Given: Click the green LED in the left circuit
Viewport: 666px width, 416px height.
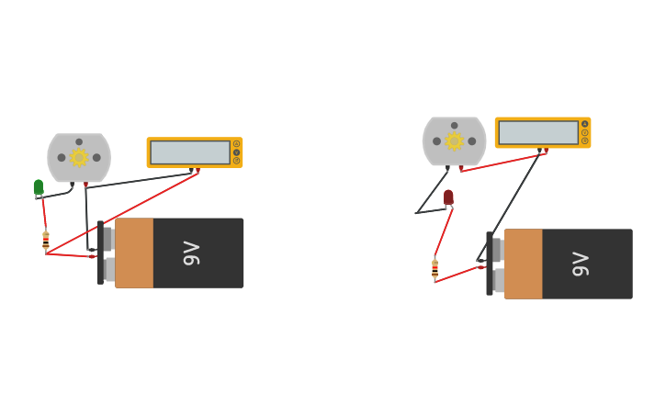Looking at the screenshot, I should tap(39, 186).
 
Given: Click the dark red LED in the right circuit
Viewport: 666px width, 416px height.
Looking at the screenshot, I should tap(448, 197).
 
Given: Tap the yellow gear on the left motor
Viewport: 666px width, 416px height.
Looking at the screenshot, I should tap(79, 157).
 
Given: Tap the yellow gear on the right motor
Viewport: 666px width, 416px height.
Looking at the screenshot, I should tap(454, 141).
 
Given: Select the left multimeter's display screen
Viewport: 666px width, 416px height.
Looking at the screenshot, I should tap(190, 152).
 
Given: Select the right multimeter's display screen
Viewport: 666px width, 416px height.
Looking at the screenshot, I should tap(538, 132).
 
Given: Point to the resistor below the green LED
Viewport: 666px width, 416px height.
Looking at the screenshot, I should tap(46, 241).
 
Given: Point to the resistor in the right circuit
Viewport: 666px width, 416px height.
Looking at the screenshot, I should tap(435, 268).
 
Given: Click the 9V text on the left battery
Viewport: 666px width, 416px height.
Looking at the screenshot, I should tap(191, 253).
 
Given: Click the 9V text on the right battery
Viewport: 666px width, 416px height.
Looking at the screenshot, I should tap(581, 264).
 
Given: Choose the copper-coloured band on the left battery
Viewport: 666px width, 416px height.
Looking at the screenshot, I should tap(134, 253).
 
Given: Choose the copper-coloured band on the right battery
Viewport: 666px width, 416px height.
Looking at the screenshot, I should tap(523, 264).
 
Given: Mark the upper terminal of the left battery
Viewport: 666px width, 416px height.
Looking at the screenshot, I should tap(107, 239).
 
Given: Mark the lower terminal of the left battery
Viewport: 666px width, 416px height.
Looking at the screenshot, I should tap(108, 269).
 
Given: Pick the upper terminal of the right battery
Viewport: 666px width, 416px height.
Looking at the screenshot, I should tap(497, 250).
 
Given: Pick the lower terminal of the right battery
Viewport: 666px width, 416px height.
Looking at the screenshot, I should tap(497, 280).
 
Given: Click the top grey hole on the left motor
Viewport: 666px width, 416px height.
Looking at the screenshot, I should tap(79, 142).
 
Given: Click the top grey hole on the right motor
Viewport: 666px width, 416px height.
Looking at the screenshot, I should tap(454, 126).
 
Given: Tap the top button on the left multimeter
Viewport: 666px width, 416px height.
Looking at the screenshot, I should tap(236, 144).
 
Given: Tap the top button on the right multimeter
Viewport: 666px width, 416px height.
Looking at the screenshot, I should tap(584, 124).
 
